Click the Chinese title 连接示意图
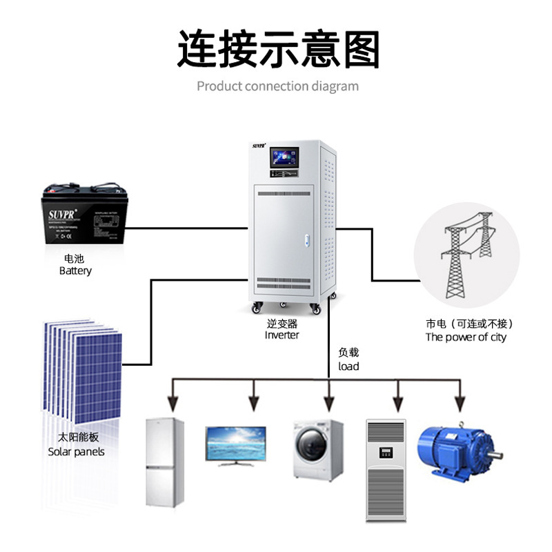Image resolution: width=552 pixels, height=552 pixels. tap(278, 49)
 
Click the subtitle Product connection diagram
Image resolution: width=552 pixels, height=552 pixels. tap(277, 86)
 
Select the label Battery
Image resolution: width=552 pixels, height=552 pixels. tap(75, 271)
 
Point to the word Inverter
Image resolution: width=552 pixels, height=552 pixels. tap(282, 335)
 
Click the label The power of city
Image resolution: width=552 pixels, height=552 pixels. tap(466, 337)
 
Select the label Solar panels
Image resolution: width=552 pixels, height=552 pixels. tap(77, 452)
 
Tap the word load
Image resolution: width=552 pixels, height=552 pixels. tap(348, 366)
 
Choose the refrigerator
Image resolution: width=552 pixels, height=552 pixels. tap(165, 463)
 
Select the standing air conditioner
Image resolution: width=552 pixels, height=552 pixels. tap(387, 469)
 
